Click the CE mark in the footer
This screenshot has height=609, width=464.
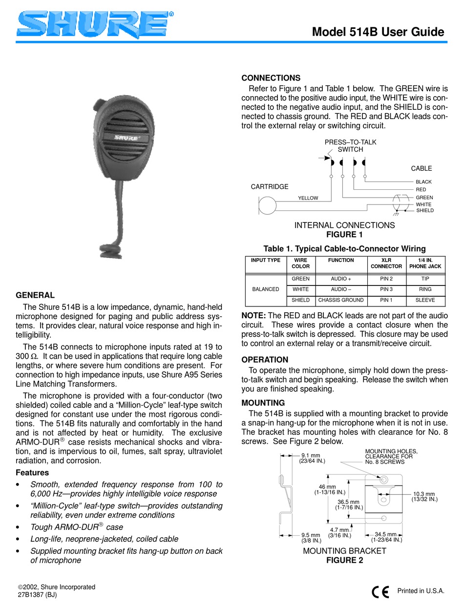point(380,591)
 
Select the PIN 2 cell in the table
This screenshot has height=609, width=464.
point(386,279)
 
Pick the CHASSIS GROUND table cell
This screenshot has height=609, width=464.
point(341,300)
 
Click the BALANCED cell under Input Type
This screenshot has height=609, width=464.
point(265,289)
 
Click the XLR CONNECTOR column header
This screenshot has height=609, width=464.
point(386,264)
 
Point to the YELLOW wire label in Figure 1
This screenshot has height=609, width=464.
point(308,198)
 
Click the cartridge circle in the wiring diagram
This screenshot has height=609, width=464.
point(267,205)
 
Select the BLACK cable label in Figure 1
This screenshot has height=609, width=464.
point(423,182)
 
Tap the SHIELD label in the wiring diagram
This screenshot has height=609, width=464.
point(424,211)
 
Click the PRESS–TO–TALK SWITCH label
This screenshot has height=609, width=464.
point(351,145)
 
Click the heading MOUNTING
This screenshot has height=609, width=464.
point(263,403)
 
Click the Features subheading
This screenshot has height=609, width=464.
point(32,472)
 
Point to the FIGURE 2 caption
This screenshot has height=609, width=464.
point(344,560)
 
